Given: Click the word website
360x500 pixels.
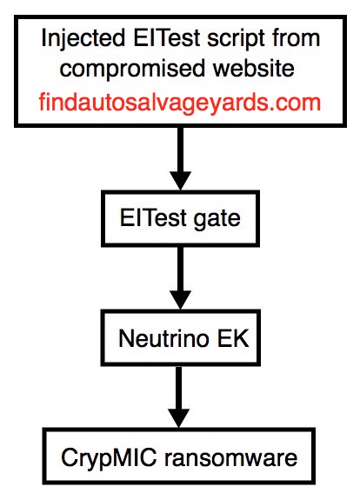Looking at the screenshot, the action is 254,68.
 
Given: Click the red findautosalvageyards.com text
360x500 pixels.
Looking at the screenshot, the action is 179,103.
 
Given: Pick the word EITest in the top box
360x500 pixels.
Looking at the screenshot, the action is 167,37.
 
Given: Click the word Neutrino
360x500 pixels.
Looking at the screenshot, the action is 163,338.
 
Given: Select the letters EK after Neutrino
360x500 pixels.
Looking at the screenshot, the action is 233,338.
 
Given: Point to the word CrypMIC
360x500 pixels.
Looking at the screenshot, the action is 109,459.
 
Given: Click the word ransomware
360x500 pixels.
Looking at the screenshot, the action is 230,458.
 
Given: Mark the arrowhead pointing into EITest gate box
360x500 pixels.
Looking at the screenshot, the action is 181,181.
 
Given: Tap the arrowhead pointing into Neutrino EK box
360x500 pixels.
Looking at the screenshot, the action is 181,300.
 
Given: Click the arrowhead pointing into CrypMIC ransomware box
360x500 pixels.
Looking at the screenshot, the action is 179,418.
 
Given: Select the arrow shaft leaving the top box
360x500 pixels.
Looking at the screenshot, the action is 181,150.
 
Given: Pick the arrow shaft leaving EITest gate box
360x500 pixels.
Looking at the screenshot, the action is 181,270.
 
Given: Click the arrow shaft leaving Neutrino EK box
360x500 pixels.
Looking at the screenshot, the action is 179,388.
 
